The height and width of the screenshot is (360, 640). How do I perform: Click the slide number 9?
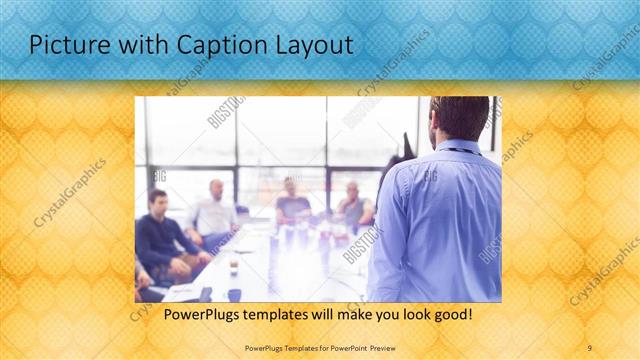point(589,347)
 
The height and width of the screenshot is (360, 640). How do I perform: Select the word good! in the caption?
point(450,315)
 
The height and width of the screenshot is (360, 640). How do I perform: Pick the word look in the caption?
point(403,315)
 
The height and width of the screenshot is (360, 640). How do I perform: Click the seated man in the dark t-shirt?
point(292,204)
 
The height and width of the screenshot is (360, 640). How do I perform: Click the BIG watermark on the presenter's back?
point(431,177)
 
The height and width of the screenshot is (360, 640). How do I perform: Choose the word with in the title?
point(123,45)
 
